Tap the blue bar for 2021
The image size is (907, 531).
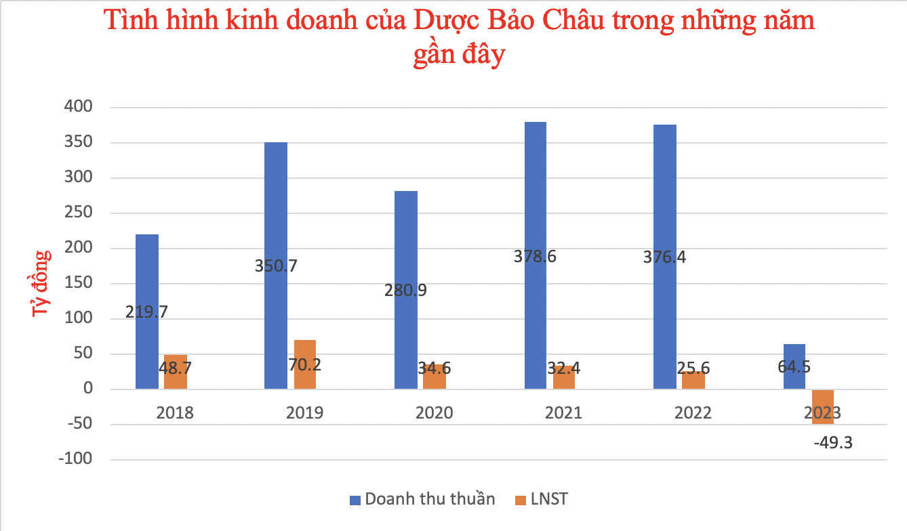pyautogui.click(x=536, y=203)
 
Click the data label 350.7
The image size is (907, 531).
pyautogui.click(x=276, y=265)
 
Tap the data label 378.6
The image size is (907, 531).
pyautogui.click(x=536, y=257)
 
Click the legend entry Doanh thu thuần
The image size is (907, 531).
pyautogui.click(x=422, y=500)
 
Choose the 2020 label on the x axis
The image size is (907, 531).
pyautogui.click(x=435, y=412)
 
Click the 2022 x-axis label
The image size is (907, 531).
pyautogui.click(x=693, y=412)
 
